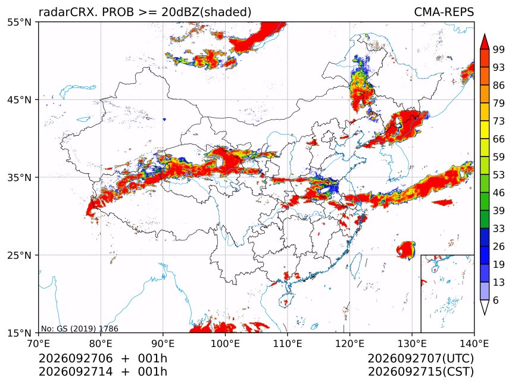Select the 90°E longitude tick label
pos(163,343)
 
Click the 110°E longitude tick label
pos(288,343)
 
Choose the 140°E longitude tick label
pos(474,343)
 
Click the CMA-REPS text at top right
pos(444,12)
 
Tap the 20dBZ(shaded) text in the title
pos(207,12)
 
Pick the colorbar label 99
pos(499,49)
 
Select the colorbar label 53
pos(499,175)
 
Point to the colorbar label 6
pos(496,300)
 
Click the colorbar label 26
pos(499,246)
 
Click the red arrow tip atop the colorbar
pos(485,35)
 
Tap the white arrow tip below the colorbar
pos(485,314)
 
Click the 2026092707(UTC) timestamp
pos(420,359)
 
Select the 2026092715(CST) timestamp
pos(420,372)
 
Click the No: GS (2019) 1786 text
pos(80,328)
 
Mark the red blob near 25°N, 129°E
pos(406,250)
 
